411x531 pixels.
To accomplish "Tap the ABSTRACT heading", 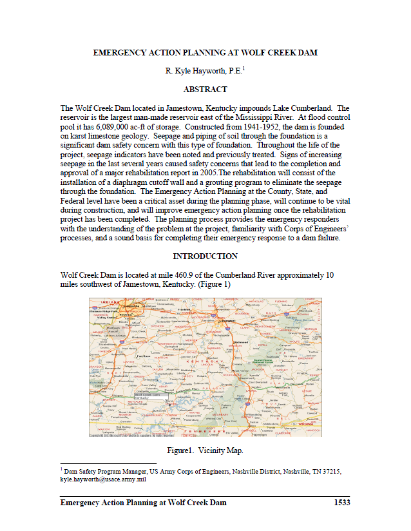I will [205, 90].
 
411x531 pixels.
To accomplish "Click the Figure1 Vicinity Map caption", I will [205, 450].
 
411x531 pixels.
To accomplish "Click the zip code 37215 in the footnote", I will [332, 472].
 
